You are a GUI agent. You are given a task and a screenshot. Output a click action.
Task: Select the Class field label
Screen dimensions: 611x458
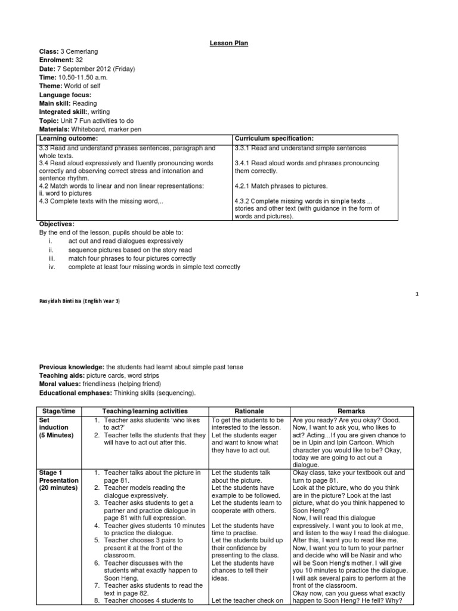49,52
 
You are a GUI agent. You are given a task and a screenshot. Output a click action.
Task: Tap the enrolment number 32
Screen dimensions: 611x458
79,60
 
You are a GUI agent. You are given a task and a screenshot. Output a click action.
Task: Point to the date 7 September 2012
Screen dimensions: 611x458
88,69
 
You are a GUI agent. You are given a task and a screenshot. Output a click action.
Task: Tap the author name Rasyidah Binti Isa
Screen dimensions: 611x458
79,301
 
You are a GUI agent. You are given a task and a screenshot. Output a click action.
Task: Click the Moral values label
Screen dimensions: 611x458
62,384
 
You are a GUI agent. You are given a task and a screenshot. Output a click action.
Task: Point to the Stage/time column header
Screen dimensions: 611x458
58,411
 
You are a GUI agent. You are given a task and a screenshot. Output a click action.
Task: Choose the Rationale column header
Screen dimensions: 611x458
248,411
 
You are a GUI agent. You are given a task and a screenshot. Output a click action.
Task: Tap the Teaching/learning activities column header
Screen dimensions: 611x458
144,411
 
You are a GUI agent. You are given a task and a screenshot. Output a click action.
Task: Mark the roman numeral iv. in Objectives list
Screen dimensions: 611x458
52,267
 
